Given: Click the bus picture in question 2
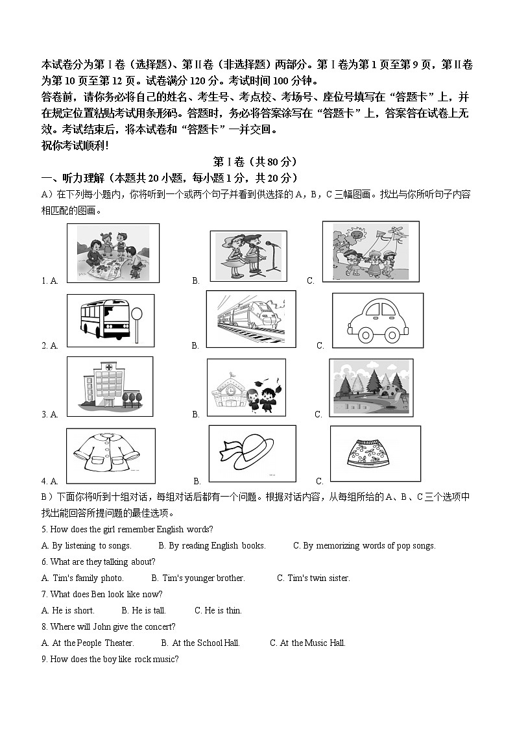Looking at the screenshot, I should pos(104,319).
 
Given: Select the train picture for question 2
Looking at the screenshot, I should pos(250,319).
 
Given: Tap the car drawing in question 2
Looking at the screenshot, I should pos(377,320).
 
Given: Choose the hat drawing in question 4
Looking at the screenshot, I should pos(252,454).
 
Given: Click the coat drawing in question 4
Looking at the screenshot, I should pos(111,455).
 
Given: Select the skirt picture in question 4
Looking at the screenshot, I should pos(375,453).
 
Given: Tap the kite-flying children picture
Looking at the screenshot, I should pos(370,251).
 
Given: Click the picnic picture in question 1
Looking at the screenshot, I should pos(113,253).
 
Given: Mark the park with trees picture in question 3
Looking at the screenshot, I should pos(371,388).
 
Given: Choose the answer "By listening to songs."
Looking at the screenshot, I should pos(86,546).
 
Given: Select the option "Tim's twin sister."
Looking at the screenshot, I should pos(313,578).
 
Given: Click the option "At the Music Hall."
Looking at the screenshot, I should pos(307,643).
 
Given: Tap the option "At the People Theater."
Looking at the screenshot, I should pos(88,643).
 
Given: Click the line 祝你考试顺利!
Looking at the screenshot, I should pos(75,145).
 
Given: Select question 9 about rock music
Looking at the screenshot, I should pos(110,660).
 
